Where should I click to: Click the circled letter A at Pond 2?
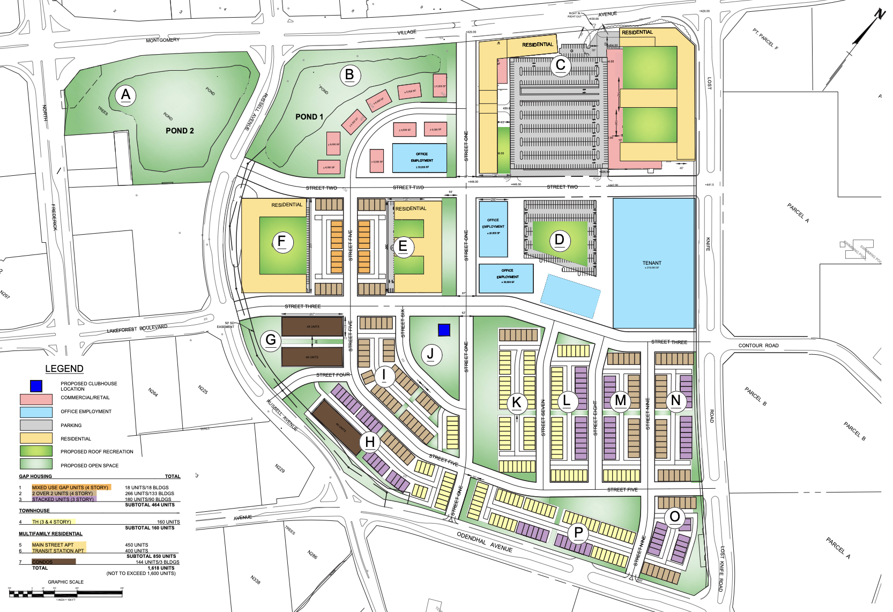pyautogui.click(x=125, y=95)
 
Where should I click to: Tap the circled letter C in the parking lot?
pyautogui.click(x=561, y=65)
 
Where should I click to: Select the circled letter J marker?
pyautogui.click(x=430, y=354)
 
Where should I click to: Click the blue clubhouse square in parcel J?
pyautogui.click(x=444, y=330)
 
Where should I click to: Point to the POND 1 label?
pyautogui.click(x=309, y=117)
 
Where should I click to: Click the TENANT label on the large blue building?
pyautogui.click(x=652, y=263)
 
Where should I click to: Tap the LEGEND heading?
pyautogui.click(x=64, y=369)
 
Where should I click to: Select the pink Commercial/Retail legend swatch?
pyautogui.click(x=36, y=399)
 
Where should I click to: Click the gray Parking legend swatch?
pyautogui.click(x=36, y=425)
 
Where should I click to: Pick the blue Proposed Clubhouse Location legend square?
pyautogui.click(x=36, y=386)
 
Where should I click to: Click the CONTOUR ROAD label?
pyautogui.click(x=758, y=346)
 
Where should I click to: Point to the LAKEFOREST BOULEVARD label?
pyautogui.click(x=137, y=329)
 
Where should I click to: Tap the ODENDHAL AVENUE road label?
pyautogui.click(x=485, y=542)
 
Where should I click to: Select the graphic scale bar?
pyautogui.click(x=66, y=593)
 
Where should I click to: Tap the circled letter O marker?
pyautogui.click(x=675, y=517)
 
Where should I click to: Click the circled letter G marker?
pyautogui.click(x=271, y=340)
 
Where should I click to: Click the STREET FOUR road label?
pyautogui.click(x=332, y=375)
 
